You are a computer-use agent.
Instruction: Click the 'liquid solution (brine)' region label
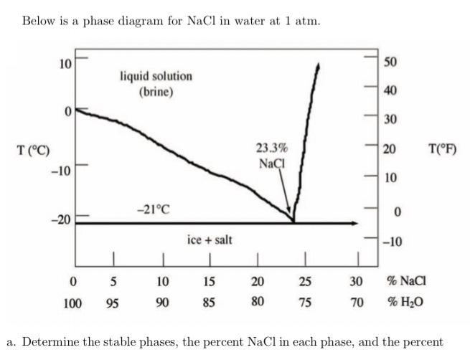point(156,83)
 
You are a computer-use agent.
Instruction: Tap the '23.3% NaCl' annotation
point(272,156)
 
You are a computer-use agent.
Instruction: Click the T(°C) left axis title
point(34,150)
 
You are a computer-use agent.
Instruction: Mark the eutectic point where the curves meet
point(293,222)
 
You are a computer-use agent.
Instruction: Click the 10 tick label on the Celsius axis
point(65,64)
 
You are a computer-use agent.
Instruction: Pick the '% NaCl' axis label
point(407,281)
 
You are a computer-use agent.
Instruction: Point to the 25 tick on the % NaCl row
point(305,281)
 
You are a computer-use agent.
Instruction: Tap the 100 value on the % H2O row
point(72,303)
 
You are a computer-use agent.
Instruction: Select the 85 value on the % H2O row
point(209,303)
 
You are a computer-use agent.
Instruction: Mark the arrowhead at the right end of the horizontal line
point(353,223)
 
